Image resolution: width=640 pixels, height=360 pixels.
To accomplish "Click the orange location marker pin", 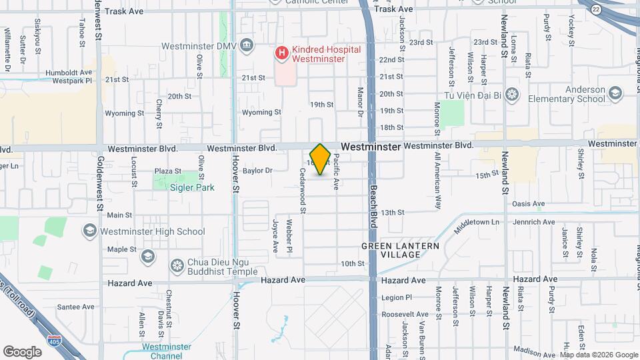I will pos(320,159).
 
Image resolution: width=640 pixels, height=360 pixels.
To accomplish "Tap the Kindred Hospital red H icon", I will pos(282,51).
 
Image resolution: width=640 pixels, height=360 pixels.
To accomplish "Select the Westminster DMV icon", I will pos(247,45).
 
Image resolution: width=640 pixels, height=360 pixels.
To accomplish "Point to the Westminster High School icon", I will pos(89,231).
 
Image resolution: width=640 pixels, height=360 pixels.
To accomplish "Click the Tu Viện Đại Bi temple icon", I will pos(511,93).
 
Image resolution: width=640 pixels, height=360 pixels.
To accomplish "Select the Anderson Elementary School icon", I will pos(614,93).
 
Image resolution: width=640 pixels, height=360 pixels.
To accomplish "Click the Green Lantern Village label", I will pos(400,250).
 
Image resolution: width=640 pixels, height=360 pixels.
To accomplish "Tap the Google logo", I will pos(22,351).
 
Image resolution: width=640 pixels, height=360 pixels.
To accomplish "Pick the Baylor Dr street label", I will pos(257,171).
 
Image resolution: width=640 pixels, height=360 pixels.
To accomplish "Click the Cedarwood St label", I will pos(303,191).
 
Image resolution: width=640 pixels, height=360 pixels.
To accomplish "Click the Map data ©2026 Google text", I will pos(599,355).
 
